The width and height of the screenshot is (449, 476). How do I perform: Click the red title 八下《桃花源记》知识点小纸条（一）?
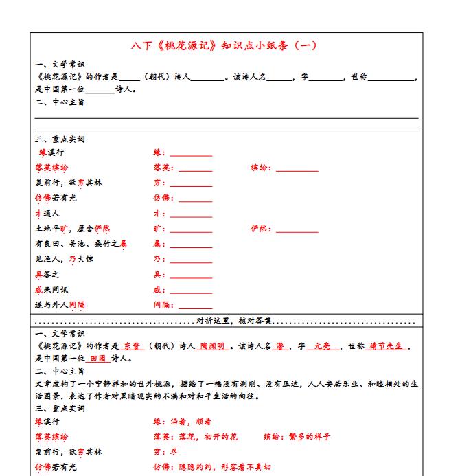[224, 46]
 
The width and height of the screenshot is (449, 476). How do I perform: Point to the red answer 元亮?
[322, 347]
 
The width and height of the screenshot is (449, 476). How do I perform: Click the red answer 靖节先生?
[388, 347]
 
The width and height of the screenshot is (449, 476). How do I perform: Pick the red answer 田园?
[97, 359]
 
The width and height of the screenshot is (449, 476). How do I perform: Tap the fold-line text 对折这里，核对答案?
[234, 321]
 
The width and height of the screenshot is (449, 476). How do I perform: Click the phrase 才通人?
[47, 214]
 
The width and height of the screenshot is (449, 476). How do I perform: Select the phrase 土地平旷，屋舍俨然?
[72, 229]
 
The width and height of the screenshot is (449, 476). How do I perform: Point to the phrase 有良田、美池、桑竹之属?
[81, 244]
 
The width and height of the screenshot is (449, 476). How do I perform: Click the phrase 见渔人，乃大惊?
[65, 259]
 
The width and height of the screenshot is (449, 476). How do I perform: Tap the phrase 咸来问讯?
[51, 290]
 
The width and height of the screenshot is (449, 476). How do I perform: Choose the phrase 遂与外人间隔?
[60, 305]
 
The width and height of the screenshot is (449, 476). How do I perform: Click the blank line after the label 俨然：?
[297, 230]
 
